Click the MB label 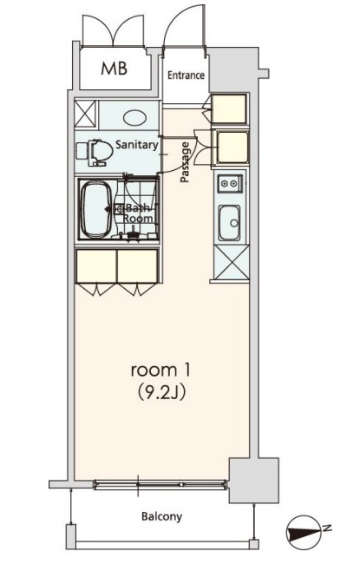pos(115,69)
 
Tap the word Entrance pos(186,75)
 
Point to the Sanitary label pos(137,145)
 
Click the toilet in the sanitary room pos(95,152)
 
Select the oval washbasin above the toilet pos(134,118)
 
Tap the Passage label pos(185,162)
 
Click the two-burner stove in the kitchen pos(229,183)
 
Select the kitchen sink pos(230,223)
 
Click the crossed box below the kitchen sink pos(232,262)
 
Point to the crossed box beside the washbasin pos(85,114)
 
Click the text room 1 pos(160,370)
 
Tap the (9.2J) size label pos(160,393)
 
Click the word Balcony pos(162,516)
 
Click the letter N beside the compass pos(327,528)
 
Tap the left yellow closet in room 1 pos(96,266)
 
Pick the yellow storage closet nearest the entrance pos(230,108)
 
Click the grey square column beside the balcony pos(253,480)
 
